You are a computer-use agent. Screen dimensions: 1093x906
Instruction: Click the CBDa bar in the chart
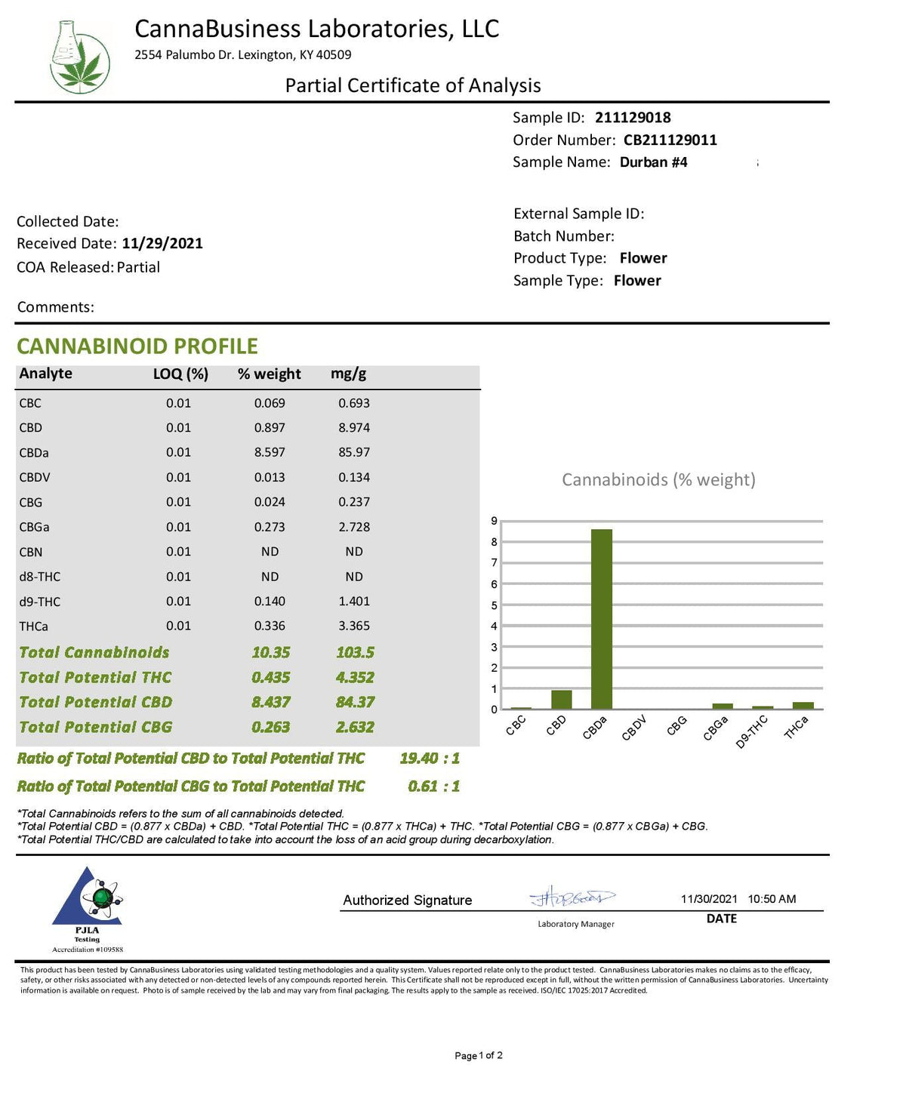(602, 619)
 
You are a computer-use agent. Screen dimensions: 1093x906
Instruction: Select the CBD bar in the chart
(561, 700)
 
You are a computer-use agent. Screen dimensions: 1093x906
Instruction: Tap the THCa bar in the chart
(803, 706)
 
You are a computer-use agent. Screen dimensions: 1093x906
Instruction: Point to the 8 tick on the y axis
(494, 542)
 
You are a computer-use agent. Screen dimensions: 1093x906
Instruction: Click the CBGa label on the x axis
(715, 728)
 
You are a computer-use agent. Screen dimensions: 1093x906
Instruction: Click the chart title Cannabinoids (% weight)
(658, 480)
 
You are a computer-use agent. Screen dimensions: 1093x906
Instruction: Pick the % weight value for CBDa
(270, 452)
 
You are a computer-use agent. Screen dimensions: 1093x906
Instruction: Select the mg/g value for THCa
(354, 626)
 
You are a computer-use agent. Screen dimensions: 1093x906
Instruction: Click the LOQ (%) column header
(180, 374)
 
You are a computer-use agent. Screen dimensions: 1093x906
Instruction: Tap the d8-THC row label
(40, 577)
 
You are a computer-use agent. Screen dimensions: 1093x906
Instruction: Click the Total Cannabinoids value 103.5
(355, 652)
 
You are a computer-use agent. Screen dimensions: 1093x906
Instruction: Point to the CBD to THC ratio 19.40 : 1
(429, 758)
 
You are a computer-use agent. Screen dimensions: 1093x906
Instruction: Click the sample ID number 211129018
(633, 118)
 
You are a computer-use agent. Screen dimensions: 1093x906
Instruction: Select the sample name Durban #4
(653, 162)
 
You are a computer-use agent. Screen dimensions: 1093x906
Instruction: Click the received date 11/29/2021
(162, 244)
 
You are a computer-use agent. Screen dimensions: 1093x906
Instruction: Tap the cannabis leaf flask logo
(79, 57)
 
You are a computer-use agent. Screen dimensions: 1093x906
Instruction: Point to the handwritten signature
(572, 897)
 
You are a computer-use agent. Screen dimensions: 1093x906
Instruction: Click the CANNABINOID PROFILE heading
(137, 346)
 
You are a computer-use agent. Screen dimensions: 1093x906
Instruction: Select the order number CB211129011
(670, 140)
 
